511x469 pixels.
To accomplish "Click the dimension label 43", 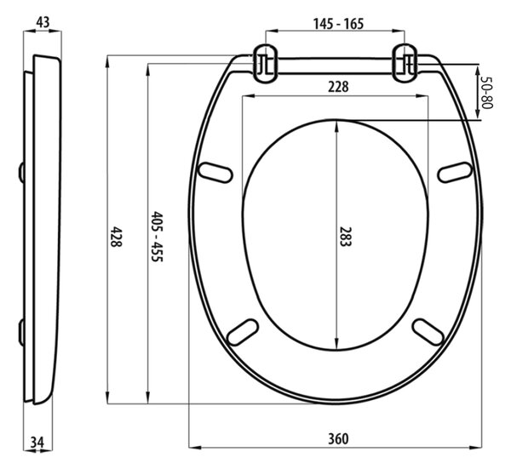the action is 43,22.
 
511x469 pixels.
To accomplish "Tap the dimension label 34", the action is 37,443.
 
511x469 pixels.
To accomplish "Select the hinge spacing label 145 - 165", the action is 338,24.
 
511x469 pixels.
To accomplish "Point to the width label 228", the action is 338,87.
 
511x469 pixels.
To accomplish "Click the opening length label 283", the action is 346,237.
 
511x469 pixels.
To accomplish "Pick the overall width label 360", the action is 338,439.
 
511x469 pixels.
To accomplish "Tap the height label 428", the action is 115,237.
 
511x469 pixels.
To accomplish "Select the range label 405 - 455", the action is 157,237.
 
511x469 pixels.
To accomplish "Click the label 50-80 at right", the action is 487,93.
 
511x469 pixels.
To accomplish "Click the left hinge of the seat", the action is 267,64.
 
